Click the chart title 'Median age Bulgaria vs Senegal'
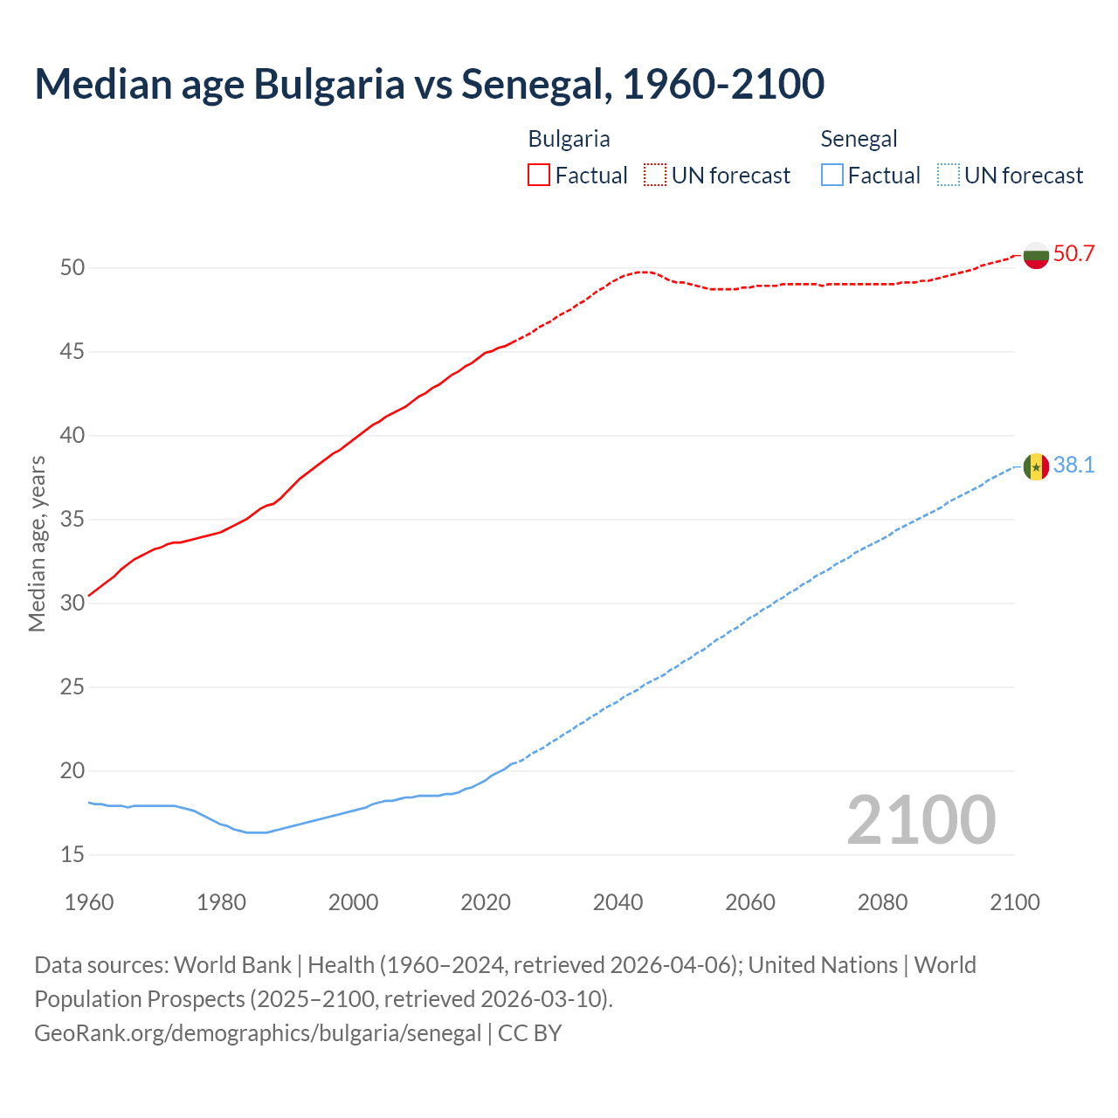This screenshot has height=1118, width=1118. [x=429, y=84]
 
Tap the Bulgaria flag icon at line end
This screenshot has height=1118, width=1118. [x=1036, y=255]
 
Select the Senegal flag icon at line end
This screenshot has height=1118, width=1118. [x=1036, y=467]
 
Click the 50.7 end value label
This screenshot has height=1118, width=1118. [x=1073, y=254]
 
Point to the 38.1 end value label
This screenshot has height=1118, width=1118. [x=1073, y=466]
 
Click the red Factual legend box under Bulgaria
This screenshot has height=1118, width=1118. [x=539, y=175]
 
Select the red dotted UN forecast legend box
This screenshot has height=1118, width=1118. [x=655, y=175]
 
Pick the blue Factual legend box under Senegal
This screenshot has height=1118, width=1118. [x=832, y=175]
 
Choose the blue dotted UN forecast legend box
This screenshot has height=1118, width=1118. [x=949, y=175]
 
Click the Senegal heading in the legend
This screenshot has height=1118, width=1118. [x=859, y=139]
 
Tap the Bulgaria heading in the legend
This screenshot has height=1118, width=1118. [x=569, y=139]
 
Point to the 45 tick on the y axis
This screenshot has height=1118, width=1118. [x=72, y=352]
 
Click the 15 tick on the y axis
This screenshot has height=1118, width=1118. [x=72, y=854]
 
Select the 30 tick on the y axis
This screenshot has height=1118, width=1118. [x=72, y=603]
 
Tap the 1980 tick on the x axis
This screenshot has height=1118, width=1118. [x=221, y=902]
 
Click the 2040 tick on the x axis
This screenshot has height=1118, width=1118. [x=618, y=902]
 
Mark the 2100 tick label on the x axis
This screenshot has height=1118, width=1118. [x=1014, y=902]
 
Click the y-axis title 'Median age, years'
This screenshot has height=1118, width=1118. [x=37, y=543]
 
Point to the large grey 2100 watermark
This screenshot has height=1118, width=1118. [x=921, y=819]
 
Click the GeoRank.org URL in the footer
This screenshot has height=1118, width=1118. [x=258, y=1033]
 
